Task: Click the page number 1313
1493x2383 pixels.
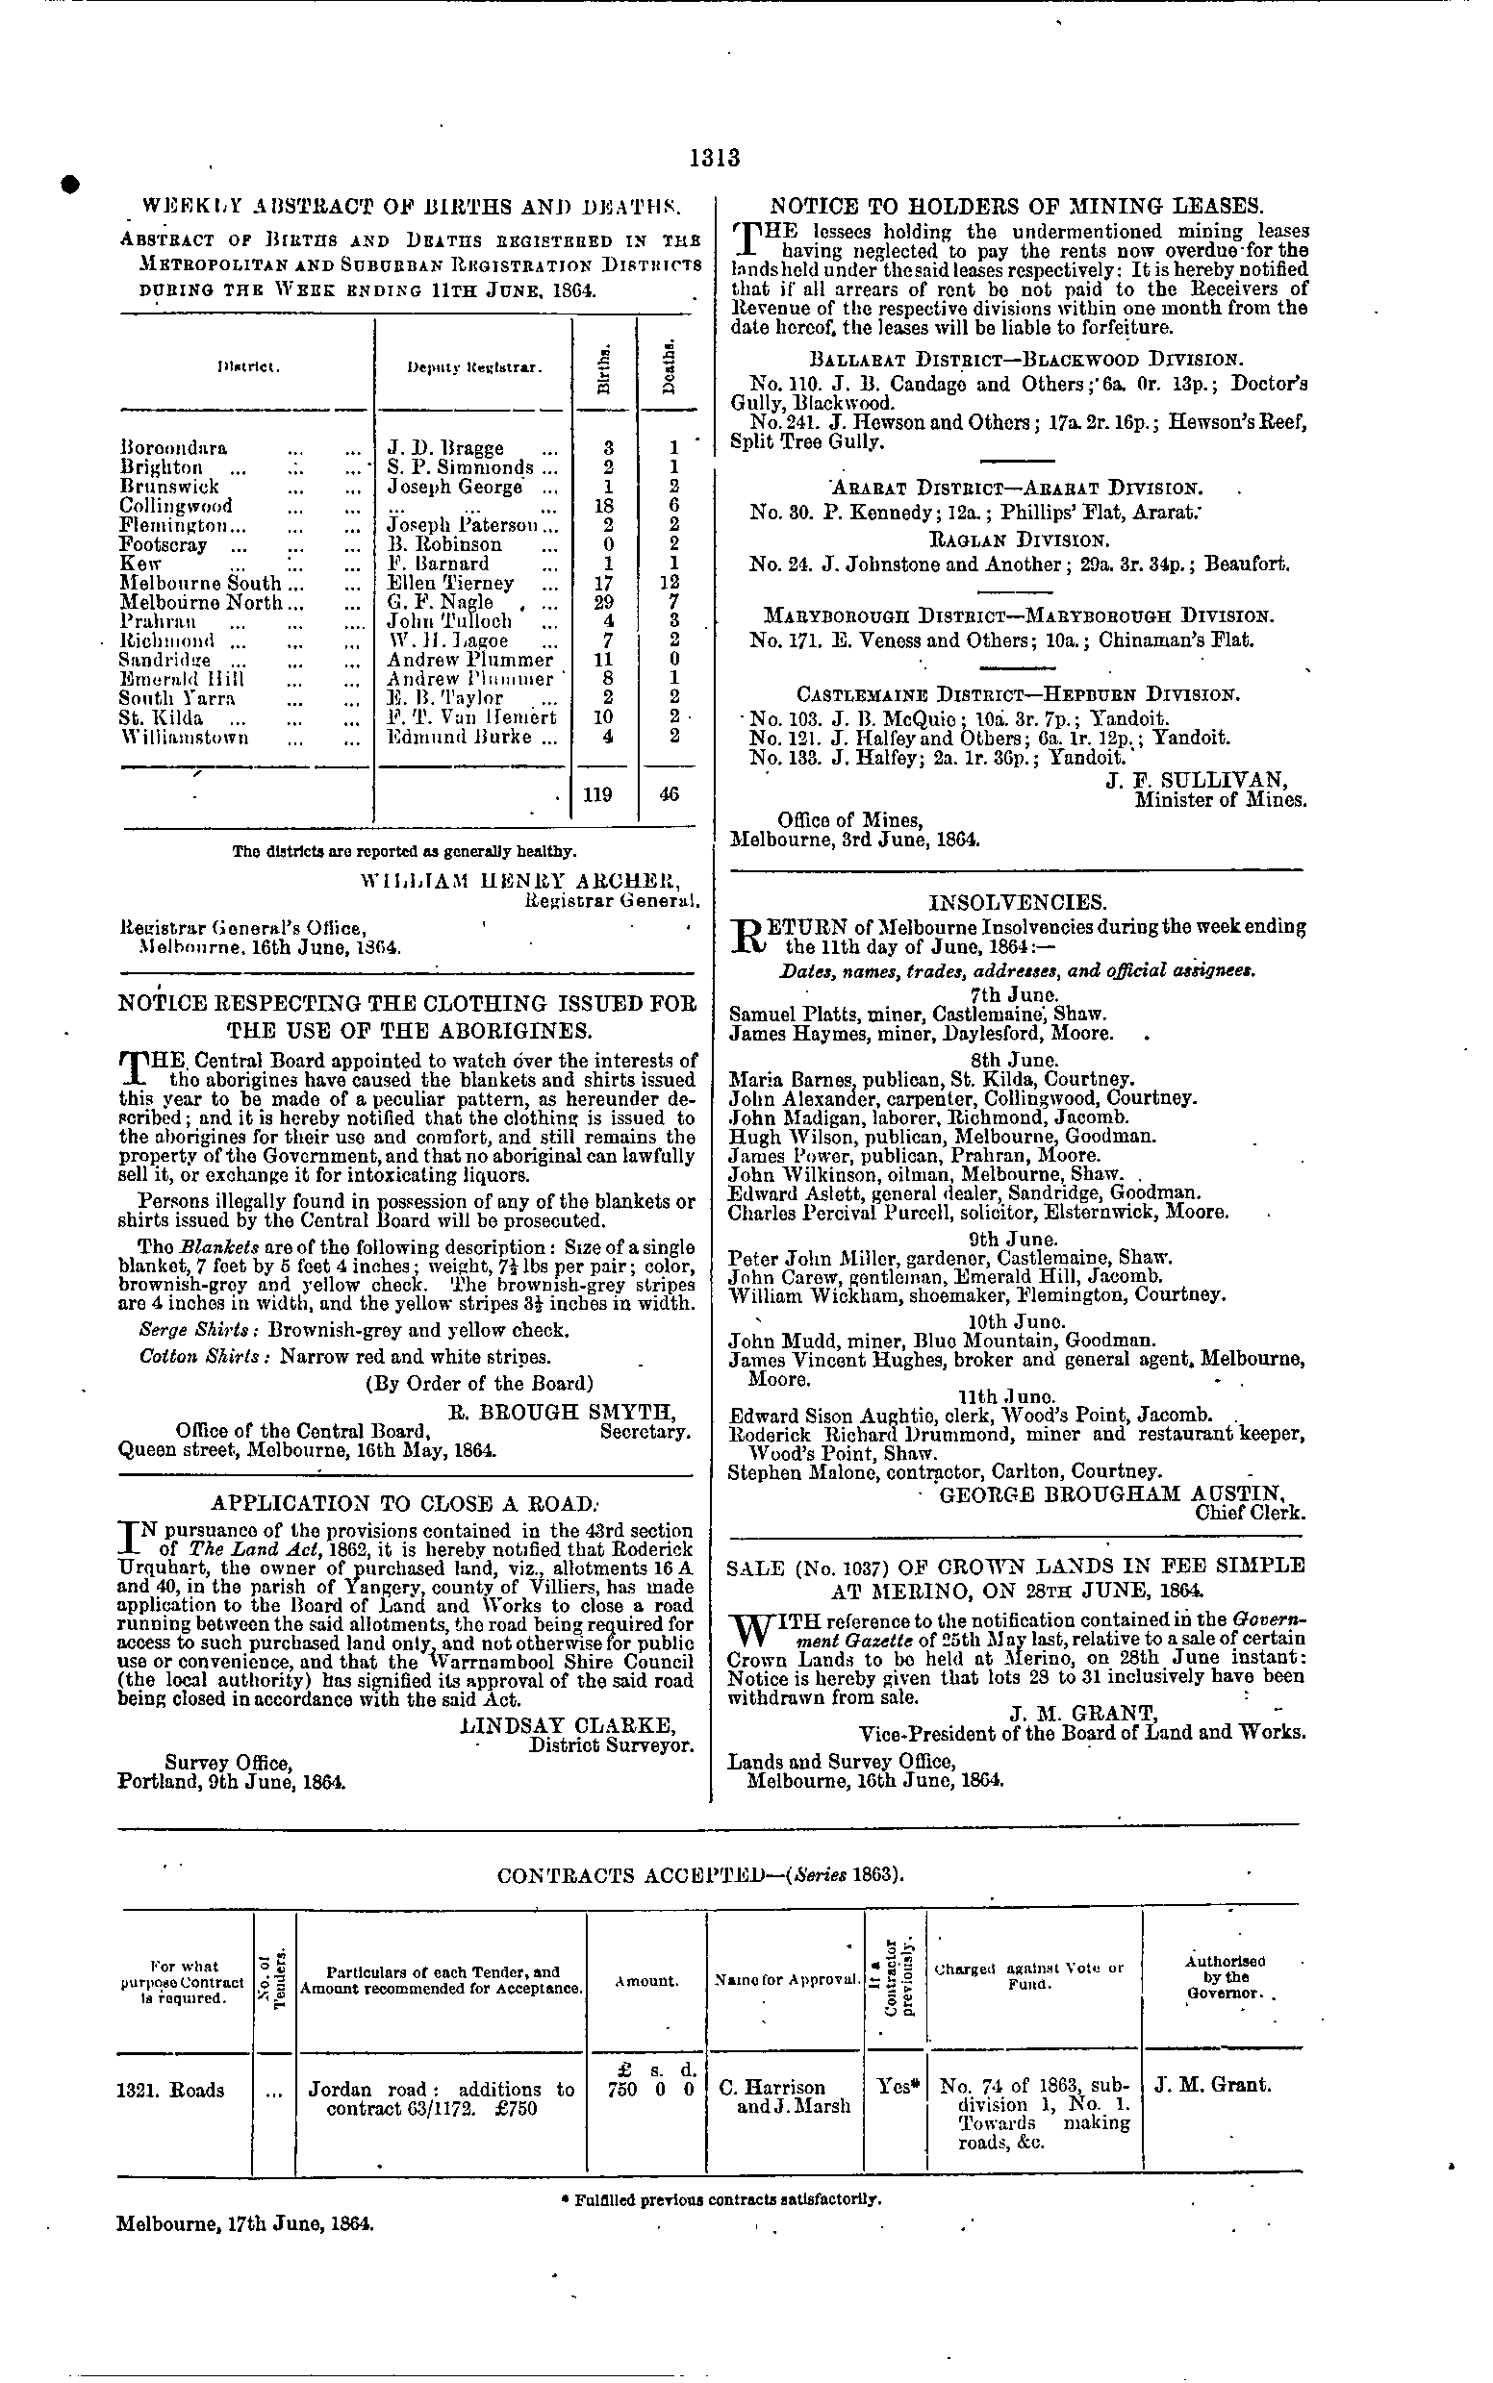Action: (715, 158)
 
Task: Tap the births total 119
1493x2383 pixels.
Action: (598, 793)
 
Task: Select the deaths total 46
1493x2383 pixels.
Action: (669, 793)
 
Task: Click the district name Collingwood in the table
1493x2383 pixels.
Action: (176, 506)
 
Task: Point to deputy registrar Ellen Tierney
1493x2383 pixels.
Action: (450, 583)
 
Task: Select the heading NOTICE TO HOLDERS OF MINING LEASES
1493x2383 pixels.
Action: (1016, 207)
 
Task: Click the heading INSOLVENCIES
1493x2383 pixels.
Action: (1016, 902)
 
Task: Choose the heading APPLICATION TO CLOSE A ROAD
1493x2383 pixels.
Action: (405, 1503)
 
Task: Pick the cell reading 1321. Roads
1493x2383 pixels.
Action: (170, 2090)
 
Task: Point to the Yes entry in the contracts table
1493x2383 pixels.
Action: (896, 2087)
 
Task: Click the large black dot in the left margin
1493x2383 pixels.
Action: (70, 184)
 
